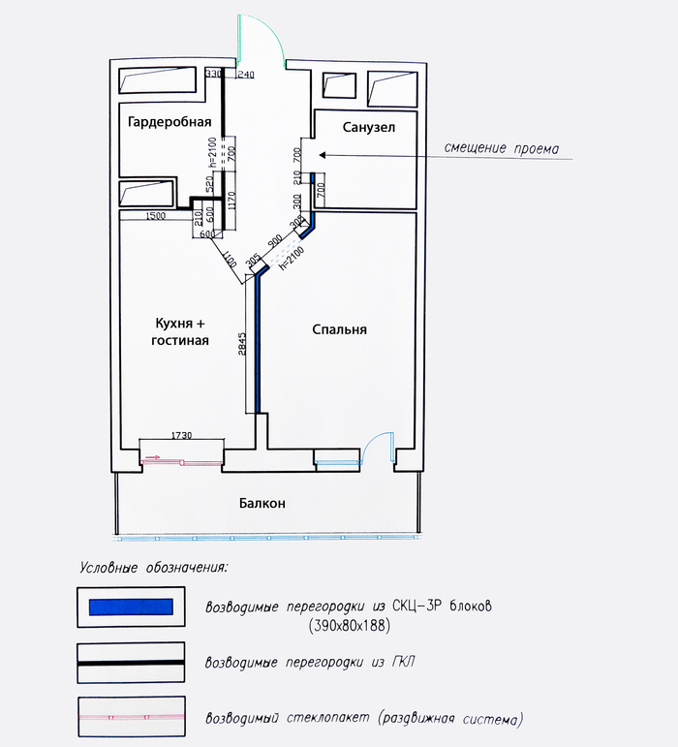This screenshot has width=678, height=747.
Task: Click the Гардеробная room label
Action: coord(169,122)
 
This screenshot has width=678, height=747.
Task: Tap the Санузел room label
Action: coord(368,127)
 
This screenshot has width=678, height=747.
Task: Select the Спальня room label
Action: coord(339,329)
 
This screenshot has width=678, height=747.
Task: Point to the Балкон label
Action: coord(262,503)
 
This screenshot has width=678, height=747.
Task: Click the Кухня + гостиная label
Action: coord(180,331)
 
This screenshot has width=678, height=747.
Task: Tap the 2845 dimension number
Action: coord(242,344)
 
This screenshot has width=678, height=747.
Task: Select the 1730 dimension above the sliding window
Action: coord(181,435)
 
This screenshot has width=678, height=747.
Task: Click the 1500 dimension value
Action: coord(155,216)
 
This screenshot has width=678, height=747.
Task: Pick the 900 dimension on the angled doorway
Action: coord(275,240)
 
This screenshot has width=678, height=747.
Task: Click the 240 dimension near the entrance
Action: coord(246,74)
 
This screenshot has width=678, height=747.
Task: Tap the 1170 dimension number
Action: coord(231,202)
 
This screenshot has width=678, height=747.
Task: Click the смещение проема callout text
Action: coord(502,148)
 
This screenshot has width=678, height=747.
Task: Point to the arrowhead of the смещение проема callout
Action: coord(322,155)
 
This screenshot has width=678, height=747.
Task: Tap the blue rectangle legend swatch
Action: coord(131,607)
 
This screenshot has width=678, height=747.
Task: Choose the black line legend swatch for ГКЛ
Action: coord(131,662)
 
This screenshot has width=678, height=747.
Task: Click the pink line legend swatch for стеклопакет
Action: coord(131,717)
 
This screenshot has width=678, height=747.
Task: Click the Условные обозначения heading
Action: coord(154,568)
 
